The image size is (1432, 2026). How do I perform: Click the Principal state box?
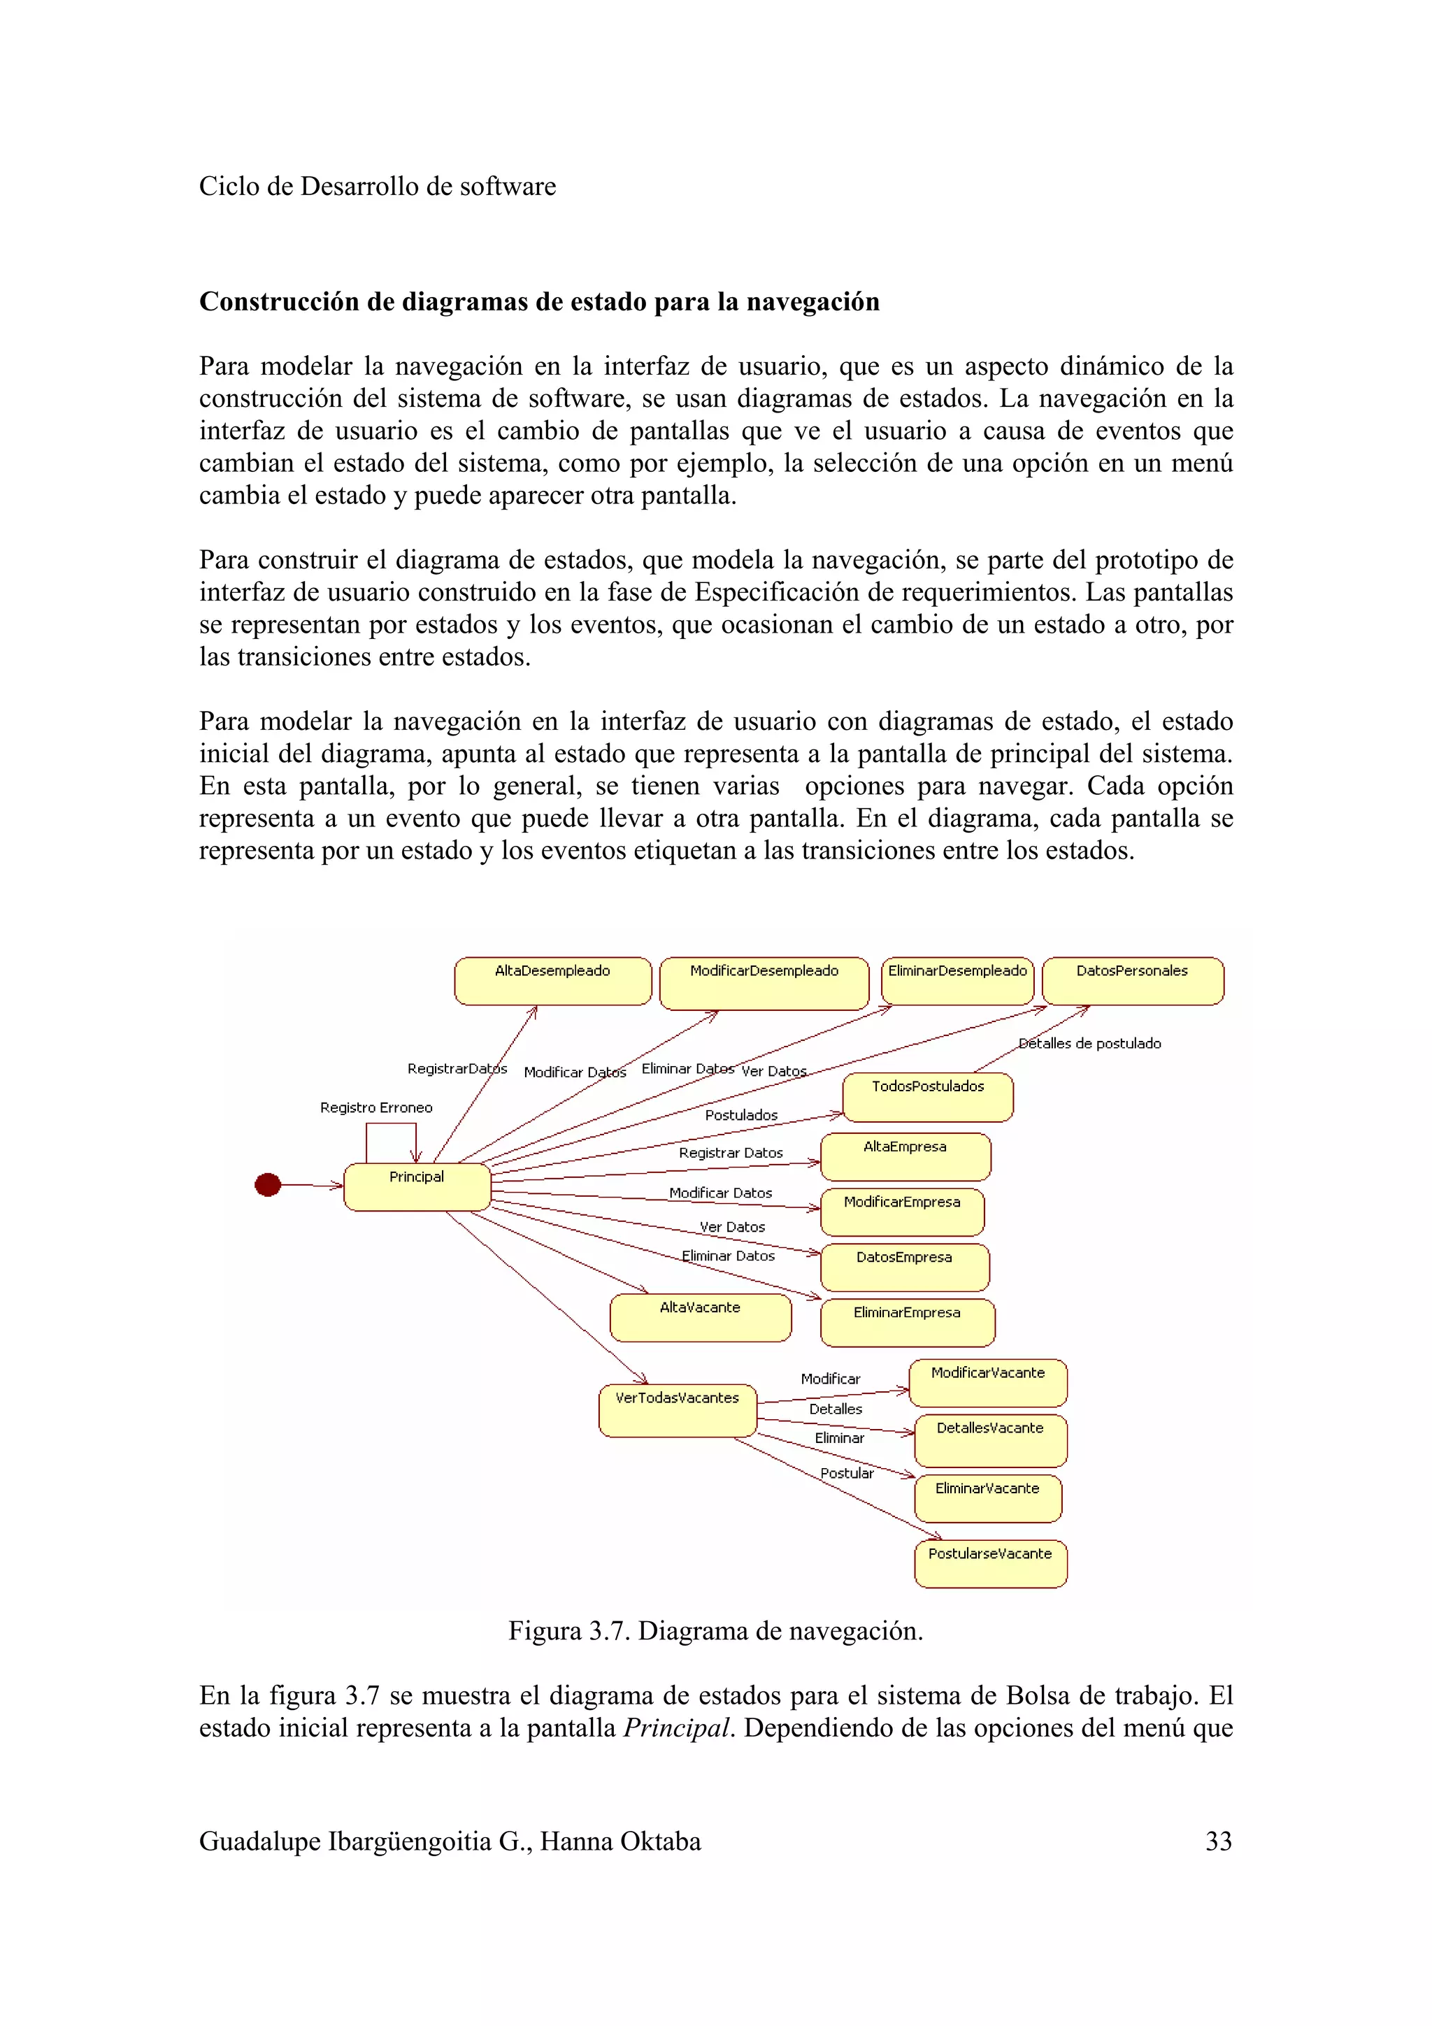417,1187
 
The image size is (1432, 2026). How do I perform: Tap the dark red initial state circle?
267,1184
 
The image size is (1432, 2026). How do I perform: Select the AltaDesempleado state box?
552,980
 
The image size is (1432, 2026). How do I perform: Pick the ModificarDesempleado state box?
764,982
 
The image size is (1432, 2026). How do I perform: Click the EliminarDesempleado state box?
957,980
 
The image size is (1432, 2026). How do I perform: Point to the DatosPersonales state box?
1132,980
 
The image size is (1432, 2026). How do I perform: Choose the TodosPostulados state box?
927,1097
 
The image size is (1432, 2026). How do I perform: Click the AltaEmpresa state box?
905,1156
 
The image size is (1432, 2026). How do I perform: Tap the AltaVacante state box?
701,1317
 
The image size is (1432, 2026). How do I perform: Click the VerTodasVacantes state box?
677,1409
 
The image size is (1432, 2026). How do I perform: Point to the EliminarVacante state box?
987,1497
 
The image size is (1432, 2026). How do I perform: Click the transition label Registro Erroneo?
376,1107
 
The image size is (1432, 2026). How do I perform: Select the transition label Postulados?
741,1115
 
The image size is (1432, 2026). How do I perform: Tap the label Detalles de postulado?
1089,1043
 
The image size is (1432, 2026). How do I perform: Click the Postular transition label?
847,1473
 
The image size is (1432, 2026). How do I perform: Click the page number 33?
1219,1841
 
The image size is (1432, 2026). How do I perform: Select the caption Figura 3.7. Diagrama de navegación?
715,1631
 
